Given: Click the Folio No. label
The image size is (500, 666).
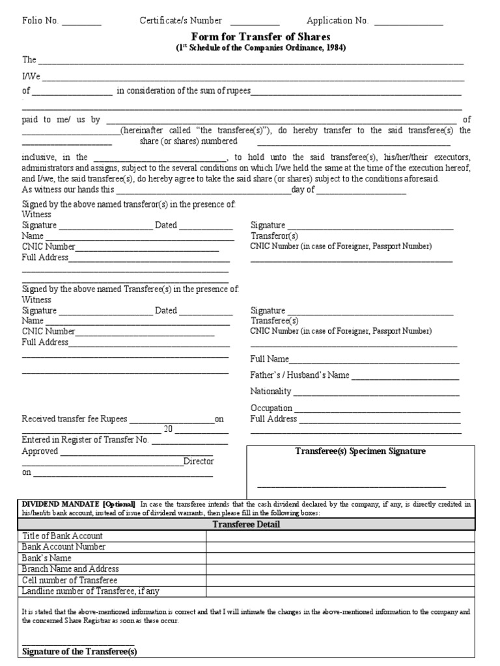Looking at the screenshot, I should pyautogui.click(x=40, y=21).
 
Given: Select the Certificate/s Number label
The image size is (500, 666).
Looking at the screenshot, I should pyautogui.click(x=180, y=21).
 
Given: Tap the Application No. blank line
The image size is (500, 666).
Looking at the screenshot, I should pyautogui.click(x=410, y=23).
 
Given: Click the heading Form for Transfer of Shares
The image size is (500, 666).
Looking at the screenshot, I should pyautogui.click(x=260, y=37).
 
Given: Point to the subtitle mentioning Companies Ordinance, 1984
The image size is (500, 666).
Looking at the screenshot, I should pyautogui.click(x=260, y=48).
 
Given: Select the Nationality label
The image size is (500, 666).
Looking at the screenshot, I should pyautogui.click(x=271, y=392).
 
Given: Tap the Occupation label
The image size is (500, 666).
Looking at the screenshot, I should pyautogui.click(x=271, y=408).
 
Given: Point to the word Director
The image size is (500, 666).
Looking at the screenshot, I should pyautogui.click(x=199, y=461).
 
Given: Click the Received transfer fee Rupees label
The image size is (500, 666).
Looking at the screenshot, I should pyautogui.click(x=75, y=420).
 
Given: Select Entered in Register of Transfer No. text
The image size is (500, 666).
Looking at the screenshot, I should pyautogui.click(x=85, y=440).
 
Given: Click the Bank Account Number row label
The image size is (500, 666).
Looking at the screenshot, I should pyautogui.click(x=64, y=547).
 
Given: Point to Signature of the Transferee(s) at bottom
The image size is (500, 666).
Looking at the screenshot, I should pyautogui.click(x=80, y=651).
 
